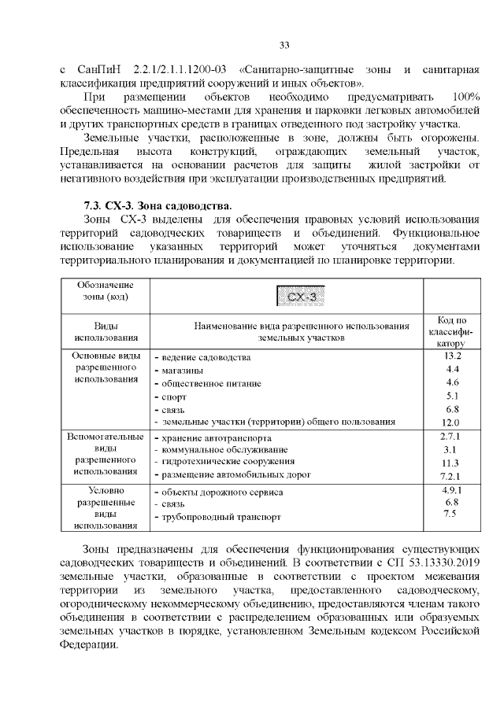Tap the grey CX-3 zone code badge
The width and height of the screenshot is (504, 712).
302,297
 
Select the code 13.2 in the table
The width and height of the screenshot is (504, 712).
452,356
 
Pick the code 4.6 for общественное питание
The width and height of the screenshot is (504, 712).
452,382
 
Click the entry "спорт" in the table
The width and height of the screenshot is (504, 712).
173,397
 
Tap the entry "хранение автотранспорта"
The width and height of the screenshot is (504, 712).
217,437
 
